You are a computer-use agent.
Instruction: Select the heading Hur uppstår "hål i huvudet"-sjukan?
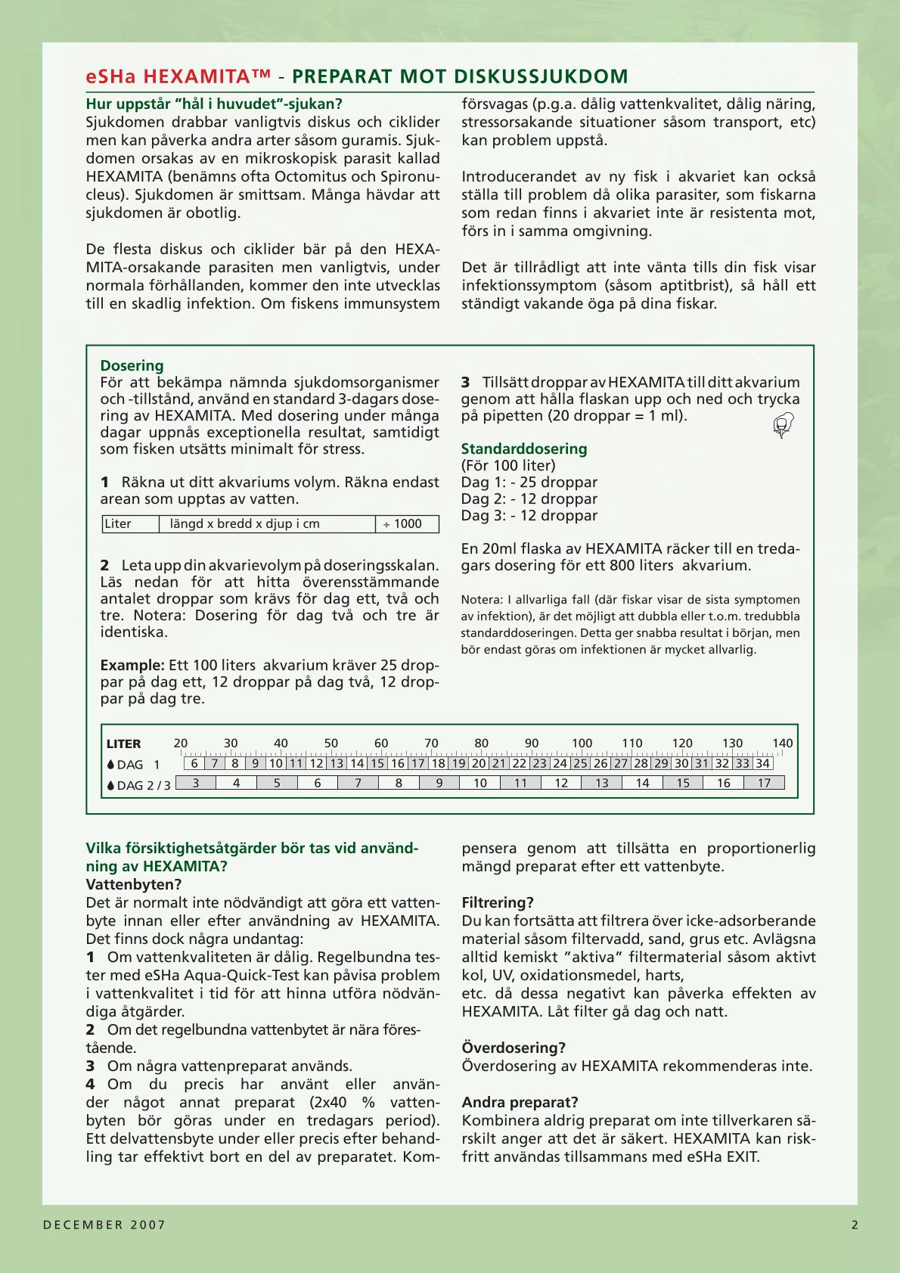coord(214,104)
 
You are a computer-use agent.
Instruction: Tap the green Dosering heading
coord(132,366)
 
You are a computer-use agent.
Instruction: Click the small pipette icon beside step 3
coord(783,425)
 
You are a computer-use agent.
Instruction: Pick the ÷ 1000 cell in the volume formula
coord(407,524)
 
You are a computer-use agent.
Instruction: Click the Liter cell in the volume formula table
coord(119,524)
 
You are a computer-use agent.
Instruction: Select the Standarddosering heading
coord(524,449)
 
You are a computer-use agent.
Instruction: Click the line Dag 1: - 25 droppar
coord(529,483)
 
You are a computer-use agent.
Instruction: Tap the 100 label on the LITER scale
coord(582,744)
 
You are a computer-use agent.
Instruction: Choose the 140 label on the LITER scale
coord(783,744)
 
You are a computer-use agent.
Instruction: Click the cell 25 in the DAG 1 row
coord(580,764)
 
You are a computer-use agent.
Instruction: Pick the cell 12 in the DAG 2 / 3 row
coord(561,784)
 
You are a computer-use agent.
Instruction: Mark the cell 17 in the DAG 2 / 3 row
coord(764,784)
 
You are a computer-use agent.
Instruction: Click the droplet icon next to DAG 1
coord(111,765)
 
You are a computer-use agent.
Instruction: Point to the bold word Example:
coord(132,666)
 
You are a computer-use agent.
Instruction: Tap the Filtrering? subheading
coord(498,903)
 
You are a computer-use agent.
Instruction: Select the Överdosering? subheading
coord(514,1048)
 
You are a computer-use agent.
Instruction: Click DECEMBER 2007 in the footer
coord(104,1225)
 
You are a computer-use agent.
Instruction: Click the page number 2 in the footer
coord(855,1225)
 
